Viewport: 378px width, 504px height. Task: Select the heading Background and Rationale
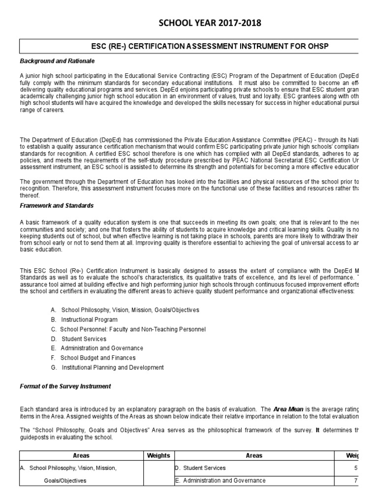57,61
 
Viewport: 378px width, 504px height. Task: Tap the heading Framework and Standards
57,205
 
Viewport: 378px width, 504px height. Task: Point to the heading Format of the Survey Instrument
65,386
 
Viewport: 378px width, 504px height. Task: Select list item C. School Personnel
128,329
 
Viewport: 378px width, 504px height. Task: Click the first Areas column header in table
81,456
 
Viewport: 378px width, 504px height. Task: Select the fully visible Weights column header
158,456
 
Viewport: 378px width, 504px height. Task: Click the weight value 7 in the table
355,480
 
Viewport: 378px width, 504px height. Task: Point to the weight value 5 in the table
355,468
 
